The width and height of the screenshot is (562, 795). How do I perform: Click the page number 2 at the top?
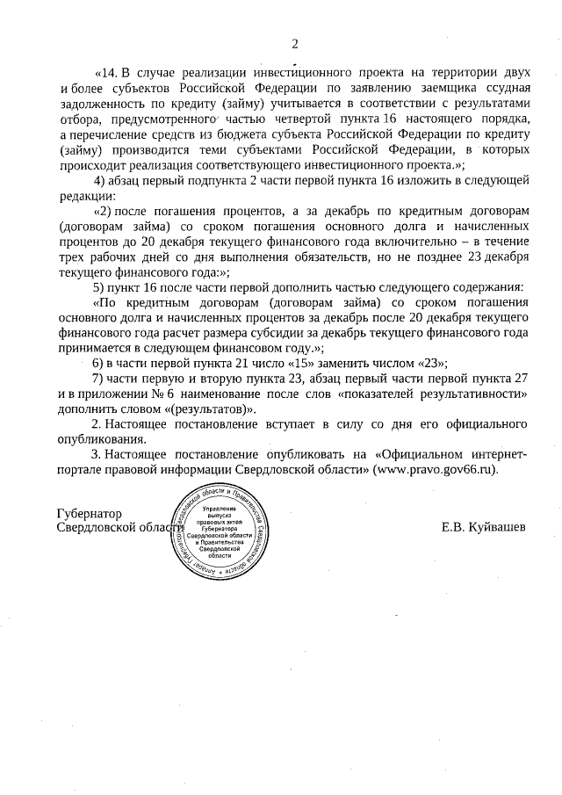click(295, 43)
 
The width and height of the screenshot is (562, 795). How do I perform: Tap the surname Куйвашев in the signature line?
click(497, 528)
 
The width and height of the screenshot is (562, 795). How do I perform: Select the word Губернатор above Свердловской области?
click(90, 513)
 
